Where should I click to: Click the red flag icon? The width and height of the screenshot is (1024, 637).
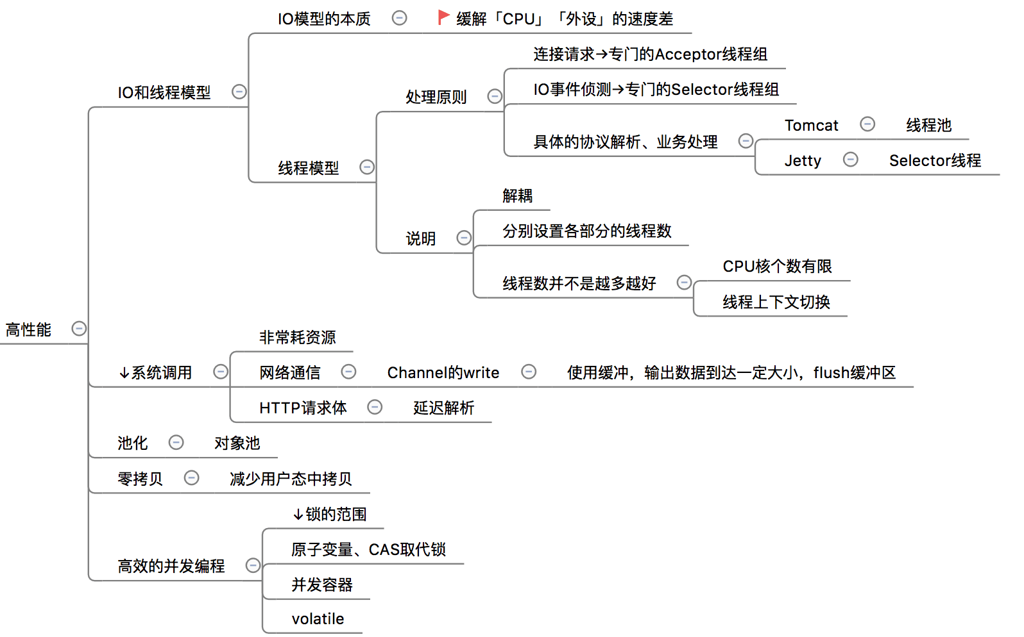click(x=443, y=17)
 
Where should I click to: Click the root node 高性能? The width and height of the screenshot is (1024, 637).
click(x=29, y=329)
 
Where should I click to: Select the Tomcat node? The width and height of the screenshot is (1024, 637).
click(x=811, y=126)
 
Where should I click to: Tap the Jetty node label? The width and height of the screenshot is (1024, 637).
click(x=803, y=161)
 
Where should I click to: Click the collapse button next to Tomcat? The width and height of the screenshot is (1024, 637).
click(x=867, y=124)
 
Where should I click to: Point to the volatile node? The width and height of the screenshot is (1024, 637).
click(x=318, y=619)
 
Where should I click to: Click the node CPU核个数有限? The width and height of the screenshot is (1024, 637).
click(x=777, y=267)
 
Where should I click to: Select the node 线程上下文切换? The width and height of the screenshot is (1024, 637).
click(x=776, y=302)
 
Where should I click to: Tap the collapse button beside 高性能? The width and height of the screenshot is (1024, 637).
click(x=79, y=329)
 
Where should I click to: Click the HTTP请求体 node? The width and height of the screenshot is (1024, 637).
click(x=303, y=408)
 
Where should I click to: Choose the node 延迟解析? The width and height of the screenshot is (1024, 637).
click(x=443, y=408)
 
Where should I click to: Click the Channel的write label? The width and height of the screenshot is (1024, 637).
click(x=443, y=372)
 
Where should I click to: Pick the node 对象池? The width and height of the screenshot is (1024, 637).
click(x=237, y=443)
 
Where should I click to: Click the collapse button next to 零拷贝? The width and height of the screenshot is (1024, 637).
click(x=191, y=478)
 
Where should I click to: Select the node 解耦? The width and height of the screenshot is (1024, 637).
click(x=517, y=195)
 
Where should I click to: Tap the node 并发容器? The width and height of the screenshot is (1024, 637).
click(x=322, y=584)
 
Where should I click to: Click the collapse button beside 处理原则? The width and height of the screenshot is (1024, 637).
click(x=495, y=96)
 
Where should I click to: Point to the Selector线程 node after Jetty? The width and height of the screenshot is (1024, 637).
click(x=935, y=161)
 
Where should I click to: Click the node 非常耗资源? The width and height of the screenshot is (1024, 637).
click(x=297, y=337)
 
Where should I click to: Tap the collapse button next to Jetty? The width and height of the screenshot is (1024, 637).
click(x=851, y=160)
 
